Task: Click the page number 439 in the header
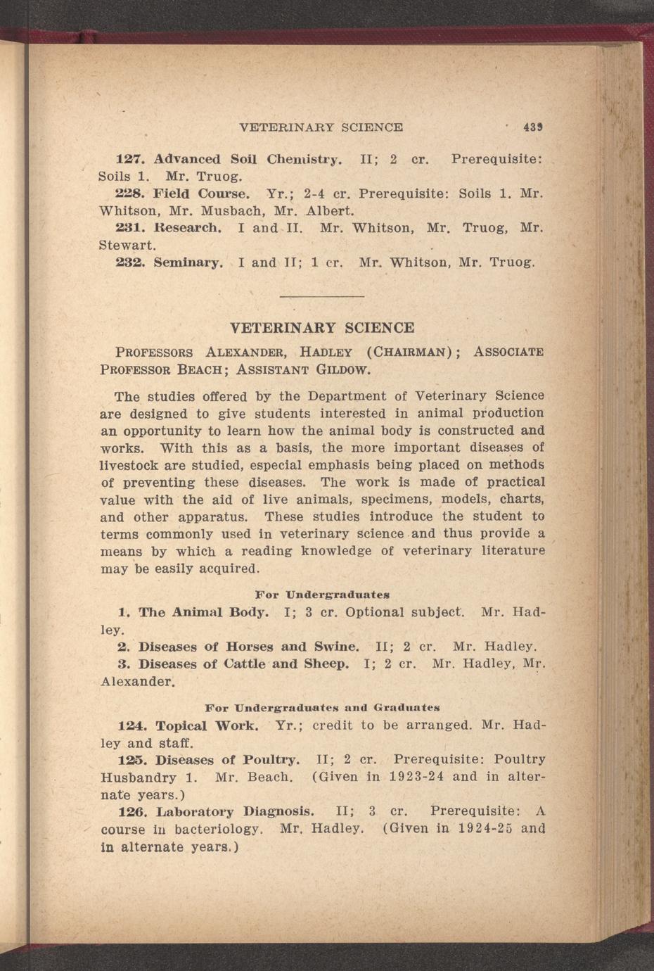click(x=532, y=127)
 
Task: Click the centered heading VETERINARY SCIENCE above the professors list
click(x=322, y=328)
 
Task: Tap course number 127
click(x=129, y=159)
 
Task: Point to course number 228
click(x=129, y=193)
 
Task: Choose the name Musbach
click(x=232, y=210)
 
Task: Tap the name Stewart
click(x=127, y=246)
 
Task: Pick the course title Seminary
click(x=188, y=263)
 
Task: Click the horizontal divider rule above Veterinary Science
click(x=322, y=296)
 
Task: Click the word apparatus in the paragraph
click(x=210, y=516)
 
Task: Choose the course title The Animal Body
click(x=203, y=612)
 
